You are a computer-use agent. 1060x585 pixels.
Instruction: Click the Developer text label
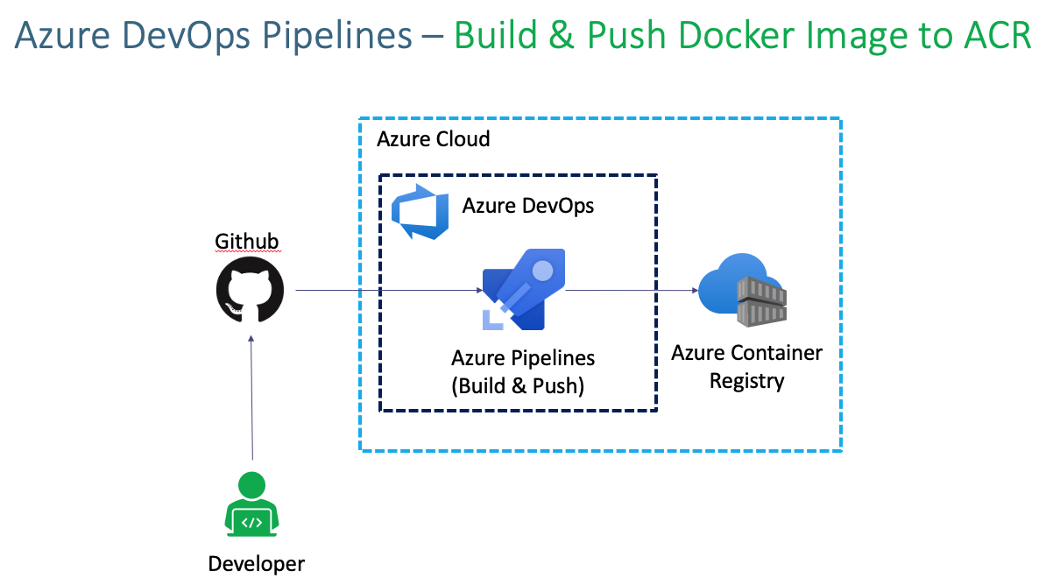(x=256, y=564)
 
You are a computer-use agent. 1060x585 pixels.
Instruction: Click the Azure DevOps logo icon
(x=420, y=211)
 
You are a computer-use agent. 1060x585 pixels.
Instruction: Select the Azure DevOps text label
(x=528, y=206)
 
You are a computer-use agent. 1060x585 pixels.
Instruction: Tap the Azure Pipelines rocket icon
(x=524, y=290)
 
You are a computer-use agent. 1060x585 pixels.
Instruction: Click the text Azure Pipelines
(x=523, y=358)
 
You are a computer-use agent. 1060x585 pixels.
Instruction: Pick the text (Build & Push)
(x=518, y=385)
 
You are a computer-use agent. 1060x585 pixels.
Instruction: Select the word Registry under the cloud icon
(x=746, y=381)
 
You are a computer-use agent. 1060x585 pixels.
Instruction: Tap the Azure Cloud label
(x=433, y=139)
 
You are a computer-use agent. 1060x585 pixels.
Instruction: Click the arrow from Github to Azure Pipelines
(x=385, y=290)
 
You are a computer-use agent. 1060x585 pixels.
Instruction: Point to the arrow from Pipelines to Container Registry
(x=631, y=290)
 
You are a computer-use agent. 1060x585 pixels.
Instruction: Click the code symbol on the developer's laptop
(x=251, y=522)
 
